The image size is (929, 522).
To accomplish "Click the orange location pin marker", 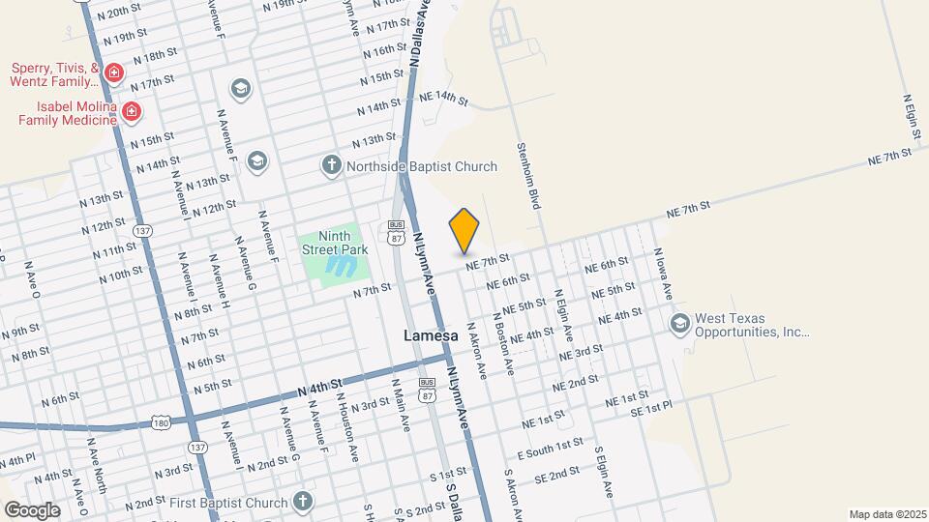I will coord(464,230).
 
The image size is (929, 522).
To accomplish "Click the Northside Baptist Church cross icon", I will coord(331,166).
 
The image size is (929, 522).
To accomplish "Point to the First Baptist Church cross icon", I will coord(303,502).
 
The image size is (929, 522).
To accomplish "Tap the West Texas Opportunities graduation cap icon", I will coord(678,323).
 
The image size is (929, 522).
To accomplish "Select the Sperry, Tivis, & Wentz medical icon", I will coord(114,72).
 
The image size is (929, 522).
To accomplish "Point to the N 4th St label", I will coord(321,387).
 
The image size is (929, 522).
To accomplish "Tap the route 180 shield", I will coord(163,422).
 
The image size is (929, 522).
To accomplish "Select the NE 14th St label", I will coord(443,99).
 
